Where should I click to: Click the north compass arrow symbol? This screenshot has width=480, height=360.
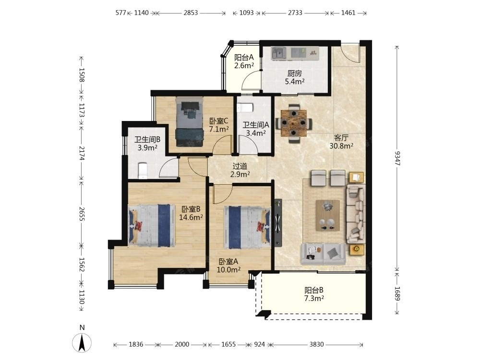click(82, 342)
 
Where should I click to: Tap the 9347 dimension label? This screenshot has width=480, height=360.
click(397, 158)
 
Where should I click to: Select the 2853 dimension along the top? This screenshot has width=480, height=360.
click(191, 13)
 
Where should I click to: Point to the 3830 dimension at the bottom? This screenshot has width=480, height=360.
click(316, 344)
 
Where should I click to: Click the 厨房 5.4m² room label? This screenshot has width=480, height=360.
click(295, 77)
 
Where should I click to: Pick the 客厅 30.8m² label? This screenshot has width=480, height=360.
click(341, 142)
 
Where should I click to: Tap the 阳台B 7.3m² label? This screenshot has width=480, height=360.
click(314, 294)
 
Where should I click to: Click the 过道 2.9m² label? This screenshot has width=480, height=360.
click(240, 170)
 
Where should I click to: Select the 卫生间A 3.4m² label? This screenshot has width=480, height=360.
click(256, 129)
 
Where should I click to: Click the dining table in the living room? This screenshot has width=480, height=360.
click(294, 123)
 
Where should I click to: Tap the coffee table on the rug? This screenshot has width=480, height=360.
click(327, 215)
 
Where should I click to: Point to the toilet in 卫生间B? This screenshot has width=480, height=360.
click(143, 171)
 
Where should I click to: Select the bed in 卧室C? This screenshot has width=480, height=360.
click(190, 121)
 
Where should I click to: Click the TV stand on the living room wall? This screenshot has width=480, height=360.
click(278, 223)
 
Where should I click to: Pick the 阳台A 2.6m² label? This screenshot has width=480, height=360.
click(244, 61)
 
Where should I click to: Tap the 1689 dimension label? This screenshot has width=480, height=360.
click(397, 293)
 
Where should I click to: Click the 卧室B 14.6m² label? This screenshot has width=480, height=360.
click(191, 213)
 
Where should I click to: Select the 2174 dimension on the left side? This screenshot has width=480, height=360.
click(82, 153)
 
